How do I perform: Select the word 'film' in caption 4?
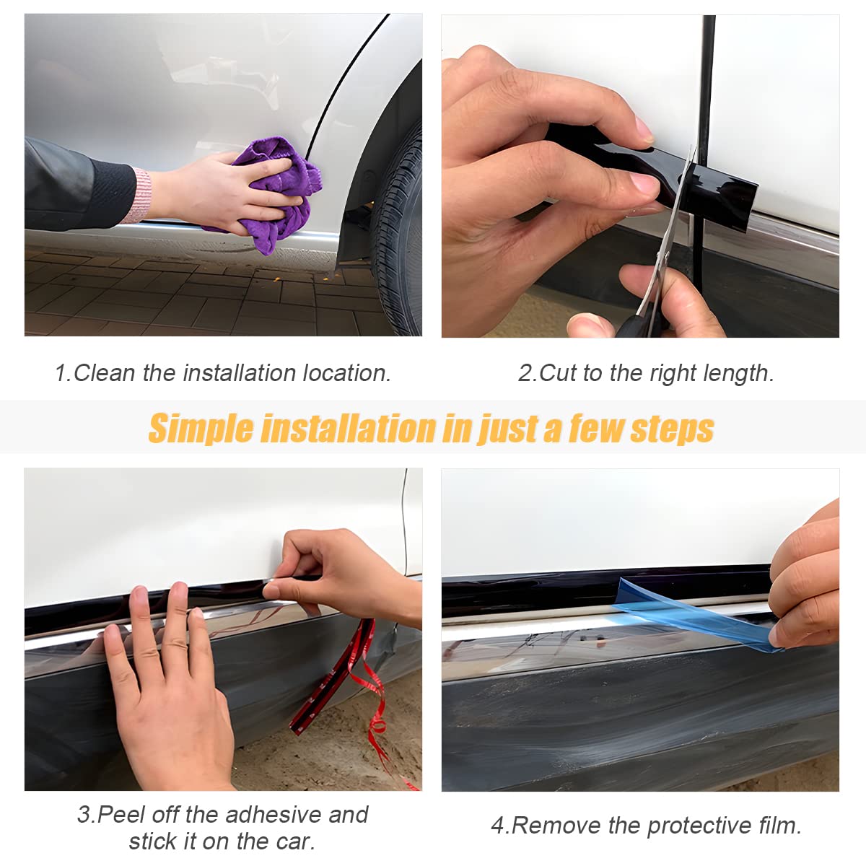[x=779, y=825]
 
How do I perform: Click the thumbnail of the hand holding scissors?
[x=640, y=176]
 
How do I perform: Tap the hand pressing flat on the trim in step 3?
[x=166, y=693]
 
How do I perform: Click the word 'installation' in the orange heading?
[x=348, y=429]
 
